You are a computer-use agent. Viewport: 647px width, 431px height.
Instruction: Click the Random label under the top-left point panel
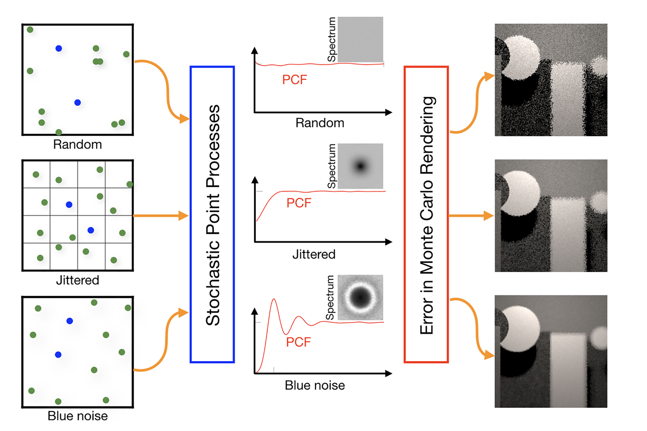point(77,144)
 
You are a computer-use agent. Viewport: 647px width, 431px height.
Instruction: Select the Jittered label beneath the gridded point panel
point(77,280)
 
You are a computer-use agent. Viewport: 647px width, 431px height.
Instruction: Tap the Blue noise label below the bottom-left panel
point(77,416)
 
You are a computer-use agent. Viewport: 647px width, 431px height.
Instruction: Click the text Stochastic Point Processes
point(213,215)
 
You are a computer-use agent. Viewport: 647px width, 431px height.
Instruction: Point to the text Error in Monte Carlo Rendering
point(427,215)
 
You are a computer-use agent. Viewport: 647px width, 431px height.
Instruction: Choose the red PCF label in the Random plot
point(294,80)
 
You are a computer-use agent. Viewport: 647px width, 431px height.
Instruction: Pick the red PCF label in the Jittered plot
point(299,203)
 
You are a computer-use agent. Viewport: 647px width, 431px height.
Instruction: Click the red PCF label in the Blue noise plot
point(298,342)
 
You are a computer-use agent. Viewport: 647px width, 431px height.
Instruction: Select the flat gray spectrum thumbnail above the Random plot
point(360,39)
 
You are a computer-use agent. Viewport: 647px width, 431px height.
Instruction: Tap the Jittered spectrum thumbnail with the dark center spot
point(360,166)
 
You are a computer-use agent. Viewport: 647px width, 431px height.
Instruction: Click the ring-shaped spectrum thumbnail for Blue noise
point(360,297)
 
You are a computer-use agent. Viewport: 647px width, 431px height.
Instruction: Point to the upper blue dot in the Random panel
point(59,48)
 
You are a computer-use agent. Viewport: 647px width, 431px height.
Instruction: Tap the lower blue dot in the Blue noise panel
point(58,354)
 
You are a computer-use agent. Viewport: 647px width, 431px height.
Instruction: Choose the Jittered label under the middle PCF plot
point(314,254)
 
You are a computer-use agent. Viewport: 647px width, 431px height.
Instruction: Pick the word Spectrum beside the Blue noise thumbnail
point(330,298)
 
